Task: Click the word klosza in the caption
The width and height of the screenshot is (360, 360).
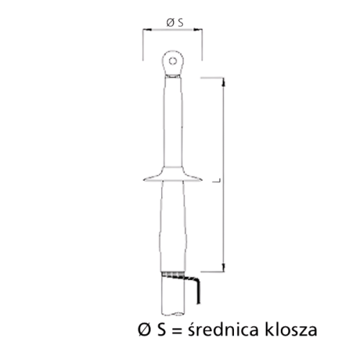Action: click(288, 330)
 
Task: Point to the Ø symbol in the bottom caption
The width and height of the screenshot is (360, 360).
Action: click(143, 330)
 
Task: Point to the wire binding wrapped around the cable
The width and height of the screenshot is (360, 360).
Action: click(172, 274)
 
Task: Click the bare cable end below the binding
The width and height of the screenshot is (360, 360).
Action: click(172, 299)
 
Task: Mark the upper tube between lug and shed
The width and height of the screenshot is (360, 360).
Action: click(173, 122)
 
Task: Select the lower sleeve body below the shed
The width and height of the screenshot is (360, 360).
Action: click(173, 223)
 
